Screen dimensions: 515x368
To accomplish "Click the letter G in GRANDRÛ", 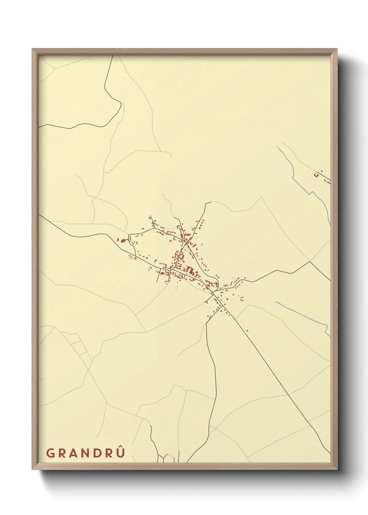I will [x=50, y=453].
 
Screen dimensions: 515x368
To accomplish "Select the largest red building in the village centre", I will [x=190, y=270].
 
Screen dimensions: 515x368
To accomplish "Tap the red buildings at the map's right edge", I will [x=327, y=181].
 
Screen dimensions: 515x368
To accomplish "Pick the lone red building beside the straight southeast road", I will [x=247, y=331].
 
